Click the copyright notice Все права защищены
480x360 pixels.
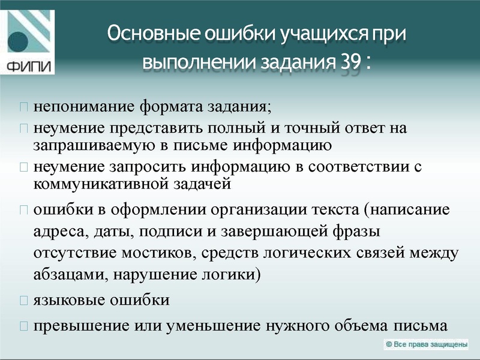tap(426, 344)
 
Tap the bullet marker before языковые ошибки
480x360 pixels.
tap(24, 300)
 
